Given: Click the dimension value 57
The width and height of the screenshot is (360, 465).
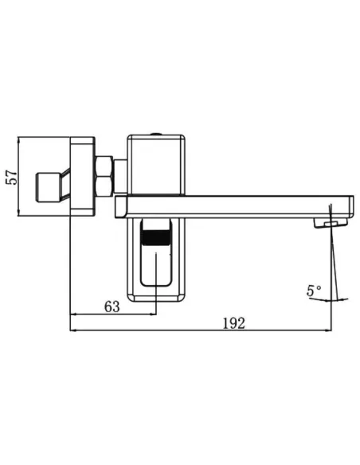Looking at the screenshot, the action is coord(12,177).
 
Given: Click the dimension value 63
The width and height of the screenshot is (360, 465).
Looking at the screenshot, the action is coord(112,307).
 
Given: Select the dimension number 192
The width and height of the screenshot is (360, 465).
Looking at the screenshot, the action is coord(234,323).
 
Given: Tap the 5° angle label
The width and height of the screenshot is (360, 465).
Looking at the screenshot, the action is coord(314,291).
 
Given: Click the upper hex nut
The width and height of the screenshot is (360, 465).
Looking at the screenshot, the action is coord(104,166).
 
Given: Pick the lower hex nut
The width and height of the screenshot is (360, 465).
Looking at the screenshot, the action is coord(104,186).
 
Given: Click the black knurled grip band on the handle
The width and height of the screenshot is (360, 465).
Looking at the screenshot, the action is coord(156,237).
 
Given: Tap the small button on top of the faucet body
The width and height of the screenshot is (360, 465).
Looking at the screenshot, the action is coord(156,134).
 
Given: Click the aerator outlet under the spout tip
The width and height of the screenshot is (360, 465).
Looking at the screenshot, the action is coord(331,223).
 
